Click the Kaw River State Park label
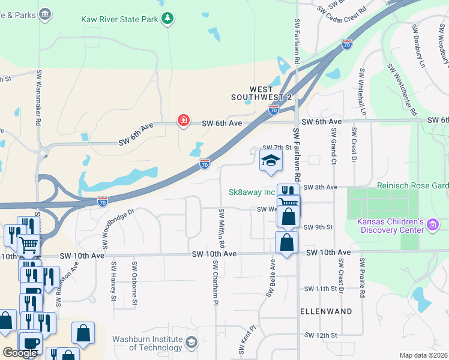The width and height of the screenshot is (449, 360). pos(119,19)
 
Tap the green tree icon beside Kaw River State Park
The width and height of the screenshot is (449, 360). pos(167,19)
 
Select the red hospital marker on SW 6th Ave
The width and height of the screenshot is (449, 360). pos(183,122)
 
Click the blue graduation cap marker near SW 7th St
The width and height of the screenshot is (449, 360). pos(271,161)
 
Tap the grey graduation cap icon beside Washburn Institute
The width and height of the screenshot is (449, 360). pos(191,343)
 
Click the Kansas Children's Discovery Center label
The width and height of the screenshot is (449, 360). pos(390,227)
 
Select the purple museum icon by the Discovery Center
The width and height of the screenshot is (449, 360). pos(433,225)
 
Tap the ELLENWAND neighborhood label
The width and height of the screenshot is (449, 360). pos(326,312)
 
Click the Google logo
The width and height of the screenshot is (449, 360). pos(20,353)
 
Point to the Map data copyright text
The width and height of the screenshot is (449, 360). pos(424,355)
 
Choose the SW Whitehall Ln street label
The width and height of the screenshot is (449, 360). pos(362,91)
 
